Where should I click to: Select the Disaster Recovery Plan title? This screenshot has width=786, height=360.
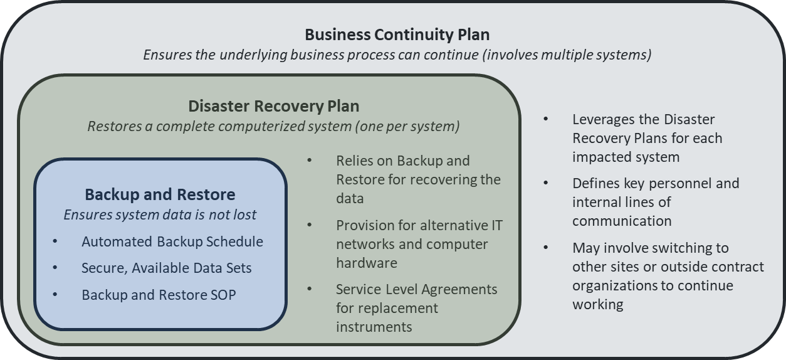(x=274, y=105)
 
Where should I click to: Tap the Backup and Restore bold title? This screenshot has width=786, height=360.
(x=160, y=194)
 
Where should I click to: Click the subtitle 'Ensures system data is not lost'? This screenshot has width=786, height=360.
(x=160, y=214)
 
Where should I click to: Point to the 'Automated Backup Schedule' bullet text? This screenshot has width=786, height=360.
(x=172, y=241)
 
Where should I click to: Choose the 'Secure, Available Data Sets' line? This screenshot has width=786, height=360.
(x=166, y=268)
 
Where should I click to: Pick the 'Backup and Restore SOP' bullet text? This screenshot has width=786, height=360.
(x=159, y=294)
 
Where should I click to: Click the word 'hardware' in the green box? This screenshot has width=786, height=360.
(x=366, y=263)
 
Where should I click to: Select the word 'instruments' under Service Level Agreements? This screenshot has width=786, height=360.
(x=374, y=327)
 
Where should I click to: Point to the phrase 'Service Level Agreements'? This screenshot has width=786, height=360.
(x=416, y=289)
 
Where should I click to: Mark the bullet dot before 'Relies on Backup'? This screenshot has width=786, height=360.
(x=310, y=160)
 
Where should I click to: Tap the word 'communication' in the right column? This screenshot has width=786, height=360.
(x=621, y=221)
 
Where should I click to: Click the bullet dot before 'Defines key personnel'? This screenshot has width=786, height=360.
(x=546, y=183)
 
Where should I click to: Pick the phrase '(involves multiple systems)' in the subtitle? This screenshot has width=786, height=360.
(x=567, y=55)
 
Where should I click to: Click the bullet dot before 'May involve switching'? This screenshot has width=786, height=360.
(x=546, y=247)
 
